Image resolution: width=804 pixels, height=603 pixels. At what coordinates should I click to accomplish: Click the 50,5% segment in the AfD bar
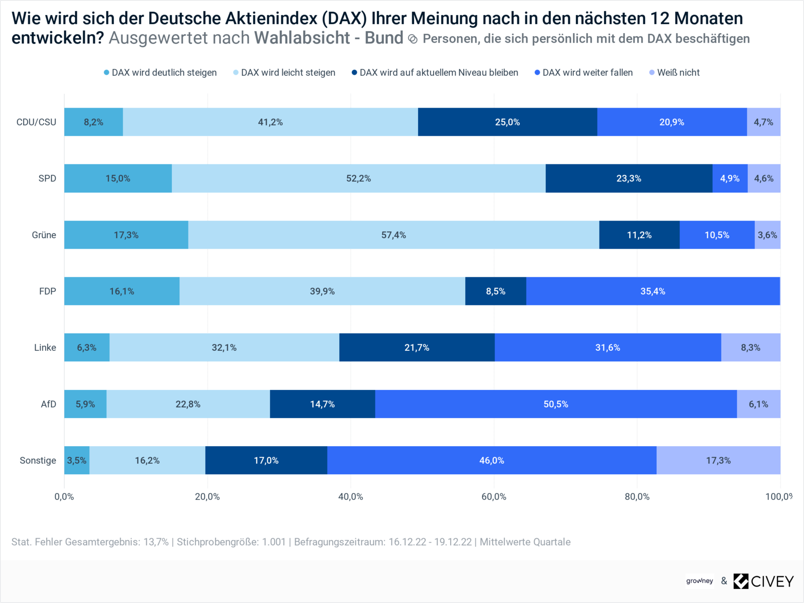click(556, 404)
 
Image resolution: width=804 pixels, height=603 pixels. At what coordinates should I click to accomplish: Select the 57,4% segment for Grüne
click(393, 235)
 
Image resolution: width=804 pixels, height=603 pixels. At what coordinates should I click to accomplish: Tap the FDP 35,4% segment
click(653, 291)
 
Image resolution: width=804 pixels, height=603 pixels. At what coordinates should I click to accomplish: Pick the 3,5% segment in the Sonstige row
click(77, 460)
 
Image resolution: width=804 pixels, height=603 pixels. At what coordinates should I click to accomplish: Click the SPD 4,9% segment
click(730, 178)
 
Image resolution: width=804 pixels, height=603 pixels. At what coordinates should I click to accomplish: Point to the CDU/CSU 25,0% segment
click(508, 122)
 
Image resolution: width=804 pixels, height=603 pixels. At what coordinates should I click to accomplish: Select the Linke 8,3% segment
click(750, 347)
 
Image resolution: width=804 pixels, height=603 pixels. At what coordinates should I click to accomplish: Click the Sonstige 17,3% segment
click(718, 460)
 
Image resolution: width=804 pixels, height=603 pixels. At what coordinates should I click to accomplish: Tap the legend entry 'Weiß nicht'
click(678, 72)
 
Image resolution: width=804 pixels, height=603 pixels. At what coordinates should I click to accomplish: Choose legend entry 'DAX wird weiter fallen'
click(587, 72)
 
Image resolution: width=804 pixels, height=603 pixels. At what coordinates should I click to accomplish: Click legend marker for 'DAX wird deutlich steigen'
click(107, 72)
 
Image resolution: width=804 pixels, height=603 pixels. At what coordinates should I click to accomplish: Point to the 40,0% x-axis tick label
click(350, 496)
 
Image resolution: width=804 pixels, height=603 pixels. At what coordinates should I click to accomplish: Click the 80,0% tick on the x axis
click(637, 496)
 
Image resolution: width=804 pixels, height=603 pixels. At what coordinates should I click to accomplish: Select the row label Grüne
click(44, 235)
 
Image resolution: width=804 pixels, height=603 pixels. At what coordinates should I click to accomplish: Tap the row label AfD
click(48, 404)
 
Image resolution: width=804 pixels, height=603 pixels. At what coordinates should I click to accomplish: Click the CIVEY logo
click(763, 581)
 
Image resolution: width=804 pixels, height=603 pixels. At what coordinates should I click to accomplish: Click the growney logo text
click(699, 581)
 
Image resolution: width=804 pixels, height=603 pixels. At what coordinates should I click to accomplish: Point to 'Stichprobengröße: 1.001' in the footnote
click(231, 542)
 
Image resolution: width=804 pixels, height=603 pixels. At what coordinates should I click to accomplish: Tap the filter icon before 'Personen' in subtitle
click(413, 39)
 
